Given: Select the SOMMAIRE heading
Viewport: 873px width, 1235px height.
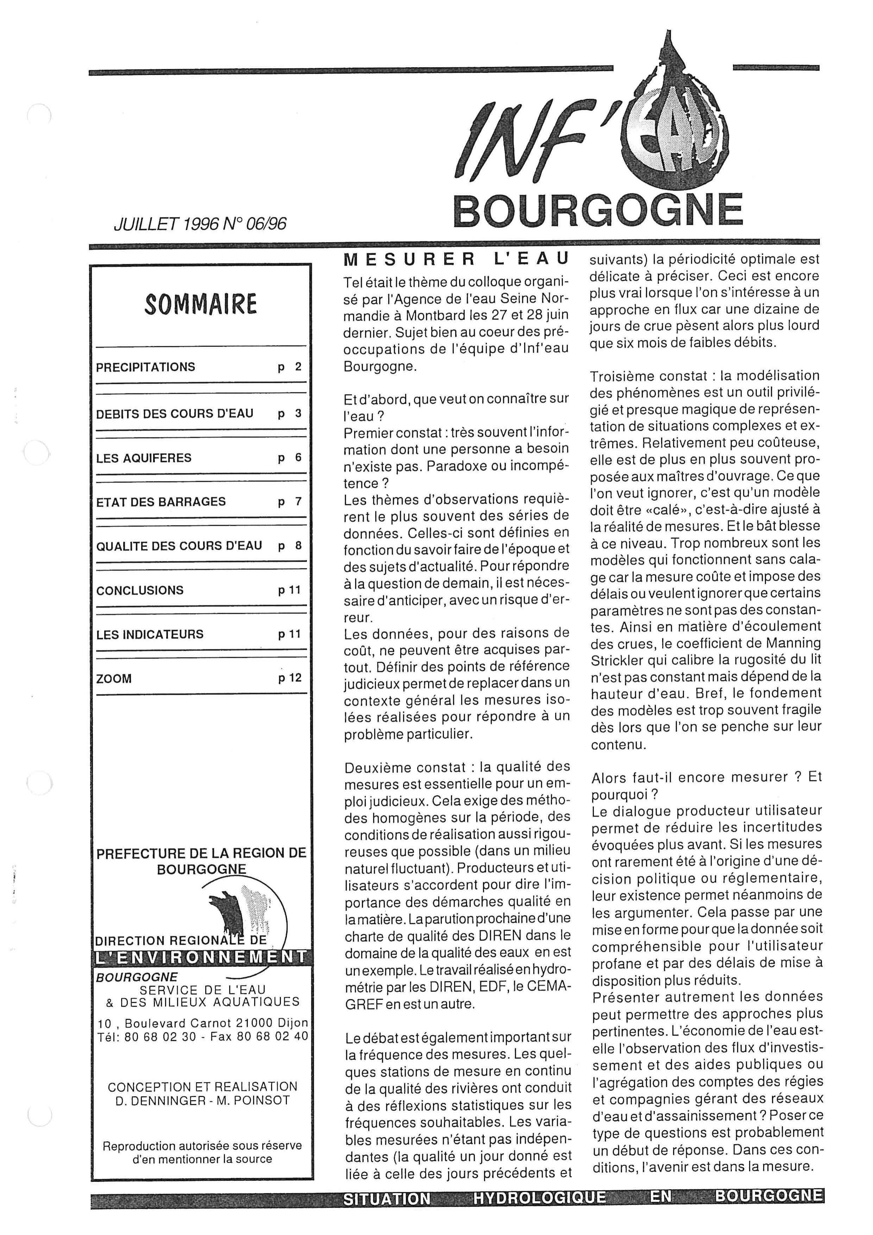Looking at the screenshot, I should (x=201, y=305).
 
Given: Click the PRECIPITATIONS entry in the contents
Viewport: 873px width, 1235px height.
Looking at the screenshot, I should (x=145, y=367).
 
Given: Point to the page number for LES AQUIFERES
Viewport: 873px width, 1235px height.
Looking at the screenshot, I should (x=297, y=458).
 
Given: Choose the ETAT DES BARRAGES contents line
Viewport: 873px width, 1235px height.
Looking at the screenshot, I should (x=161, y=502).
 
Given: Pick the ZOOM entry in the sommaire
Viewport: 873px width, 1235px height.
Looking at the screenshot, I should (x=114, y=679).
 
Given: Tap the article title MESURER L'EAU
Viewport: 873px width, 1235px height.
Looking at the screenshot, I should (x=456, y=259).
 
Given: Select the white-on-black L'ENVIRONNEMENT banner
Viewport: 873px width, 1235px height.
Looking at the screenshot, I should (x=201, y=957).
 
